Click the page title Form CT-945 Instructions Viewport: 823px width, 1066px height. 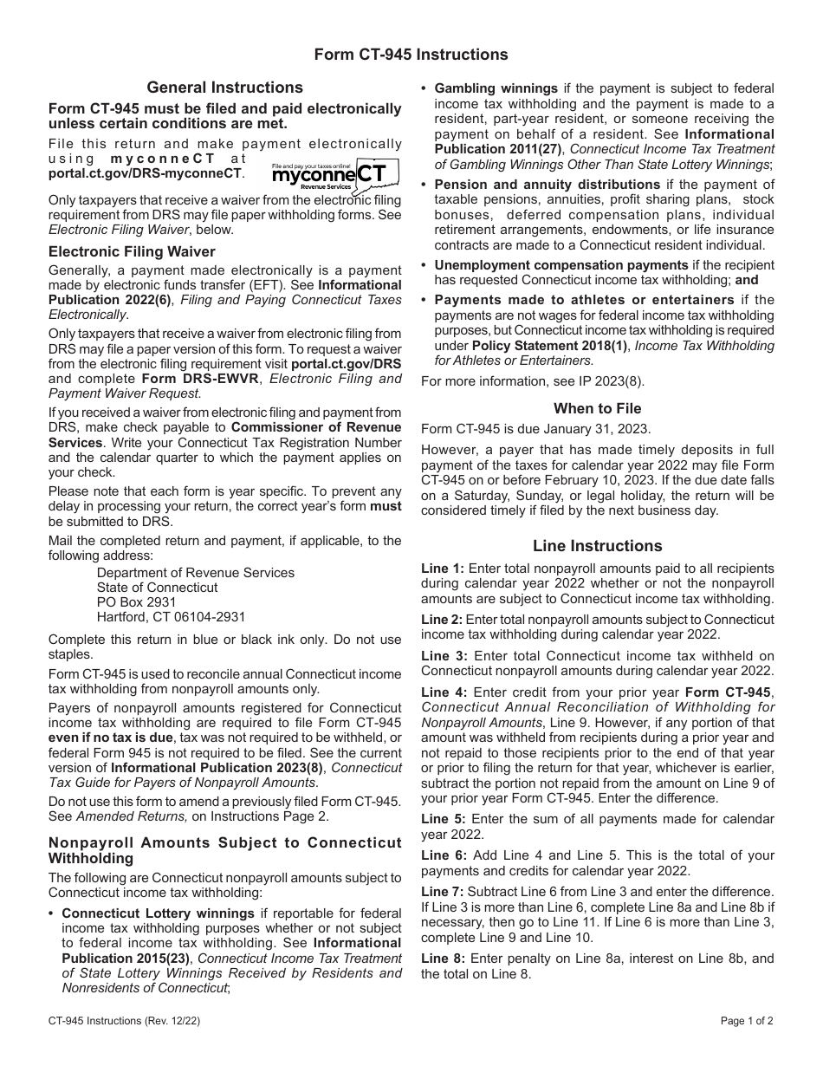[x=411, y=55]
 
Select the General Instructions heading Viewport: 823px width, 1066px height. [x=225, y=88]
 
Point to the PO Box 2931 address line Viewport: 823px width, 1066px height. [x=136, y=602]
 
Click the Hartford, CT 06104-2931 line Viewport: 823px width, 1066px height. [x=171, y=617]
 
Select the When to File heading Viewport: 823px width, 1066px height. [x=598, y=408]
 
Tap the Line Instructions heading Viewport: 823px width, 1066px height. [x=598, y=546]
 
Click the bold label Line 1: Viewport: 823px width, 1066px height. [x=443, y=569]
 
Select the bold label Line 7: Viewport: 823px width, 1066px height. [x=443, y=892]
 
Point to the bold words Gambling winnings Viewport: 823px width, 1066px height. [x=496, y=88]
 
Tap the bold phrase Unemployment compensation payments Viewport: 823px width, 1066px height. [x=561, y=265]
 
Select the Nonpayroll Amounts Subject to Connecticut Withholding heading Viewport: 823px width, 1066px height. [x=225, y=850]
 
